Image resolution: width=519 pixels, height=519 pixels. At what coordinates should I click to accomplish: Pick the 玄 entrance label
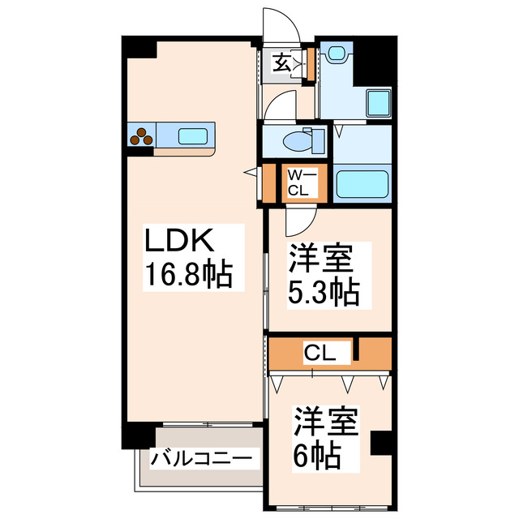tap(281, 62)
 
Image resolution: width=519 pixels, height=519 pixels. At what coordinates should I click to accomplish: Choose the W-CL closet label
tap(298, 183)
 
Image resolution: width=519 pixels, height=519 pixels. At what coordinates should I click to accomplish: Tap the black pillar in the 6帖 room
tap(380, 442)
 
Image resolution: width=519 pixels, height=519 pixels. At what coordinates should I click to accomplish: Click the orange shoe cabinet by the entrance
tap(308, 65)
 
